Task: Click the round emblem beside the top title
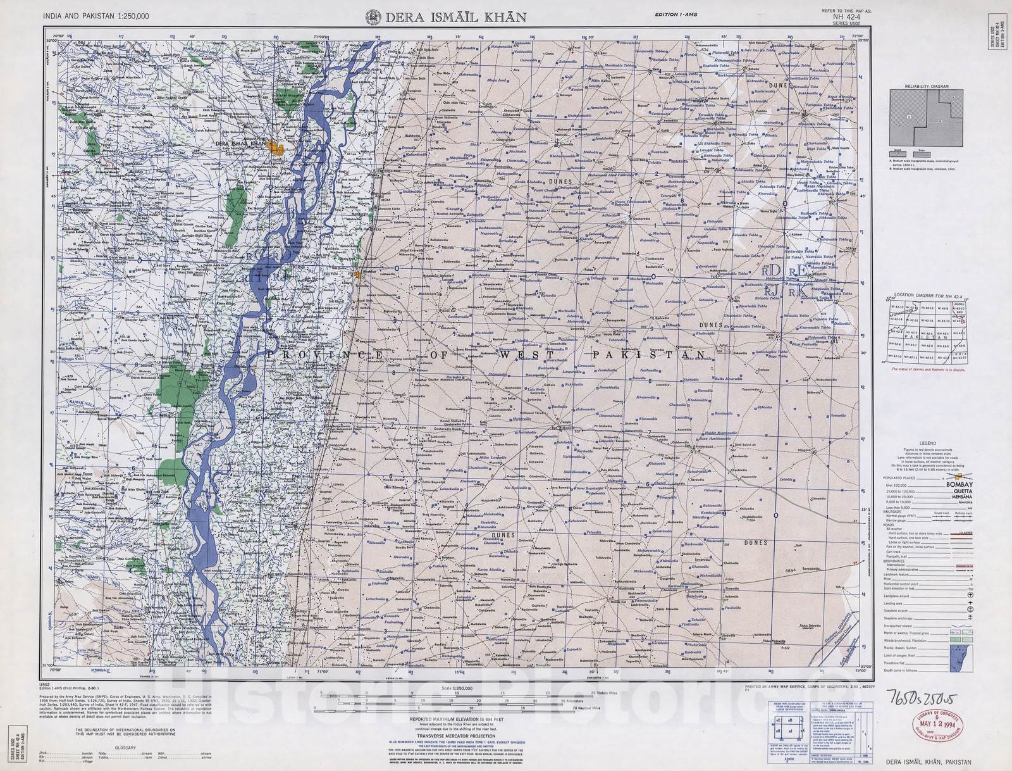373,17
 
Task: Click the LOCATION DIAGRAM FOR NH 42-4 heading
927,296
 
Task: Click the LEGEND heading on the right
927,443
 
